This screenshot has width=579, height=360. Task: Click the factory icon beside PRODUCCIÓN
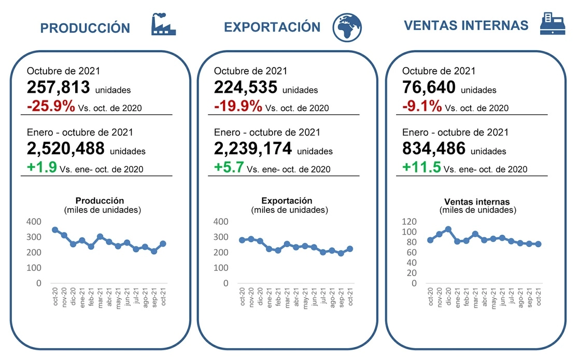(163, 25)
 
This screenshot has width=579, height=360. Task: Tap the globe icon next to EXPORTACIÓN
(347, 26)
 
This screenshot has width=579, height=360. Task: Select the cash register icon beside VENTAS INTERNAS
(551, 24)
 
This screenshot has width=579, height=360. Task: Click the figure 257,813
(59, 88)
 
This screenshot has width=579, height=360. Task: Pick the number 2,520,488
(66, 149)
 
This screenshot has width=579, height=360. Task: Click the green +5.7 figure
(229, 167)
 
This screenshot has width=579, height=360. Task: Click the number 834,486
(434, 149)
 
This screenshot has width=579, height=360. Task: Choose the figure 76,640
(429, 88)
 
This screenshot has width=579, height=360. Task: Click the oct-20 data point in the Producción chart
(55, 229)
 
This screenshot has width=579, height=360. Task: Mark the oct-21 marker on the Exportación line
(350, 249)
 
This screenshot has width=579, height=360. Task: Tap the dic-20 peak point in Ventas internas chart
(448, 229)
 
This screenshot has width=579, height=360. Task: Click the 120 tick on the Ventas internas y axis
(410, 222)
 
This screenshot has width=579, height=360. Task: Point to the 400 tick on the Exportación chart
(221, 222)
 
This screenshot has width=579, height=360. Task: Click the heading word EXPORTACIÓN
(272, 26)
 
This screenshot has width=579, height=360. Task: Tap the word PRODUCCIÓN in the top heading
(85, 28)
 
